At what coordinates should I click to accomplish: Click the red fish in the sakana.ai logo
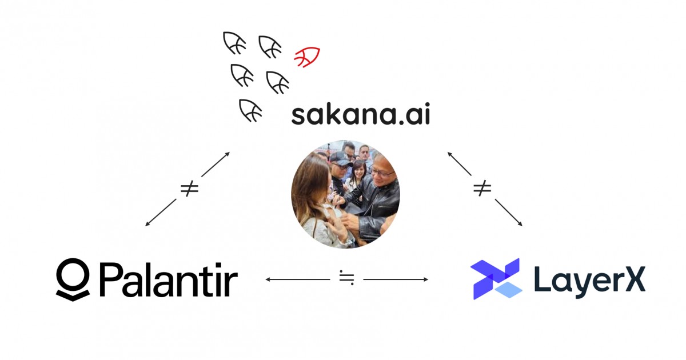pyautogui.click(x=307, y=57)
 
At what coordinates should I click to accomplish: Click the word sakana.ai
pyautogui.click(x=360, y=115)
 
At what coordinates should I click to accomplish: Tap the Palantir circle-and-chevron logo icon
pyautogui.click(x=73, y=278)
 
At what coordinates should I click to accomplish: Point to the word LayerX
pyautogui.click(x=589, y=279)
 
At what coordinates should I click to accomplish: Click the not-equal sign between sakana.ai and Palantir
pyautogui.click(x=189, y=189)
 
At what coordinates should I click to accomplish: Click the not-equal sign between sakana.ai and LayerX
pyautogui.click(x=482, y=189)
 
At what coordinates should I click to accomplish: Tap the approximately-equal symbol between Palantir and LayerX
pyautogui.click(x=346, y=279)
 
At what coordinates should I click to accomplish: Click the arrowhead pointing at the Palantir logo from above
pyautogui.click(x=148, y=223)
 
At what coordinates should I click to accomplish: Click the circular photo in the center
pyautogui.click(x=345, y=194)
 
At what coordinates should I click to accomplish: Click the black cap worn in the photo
pyautogui.click(x=342, y=158)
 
